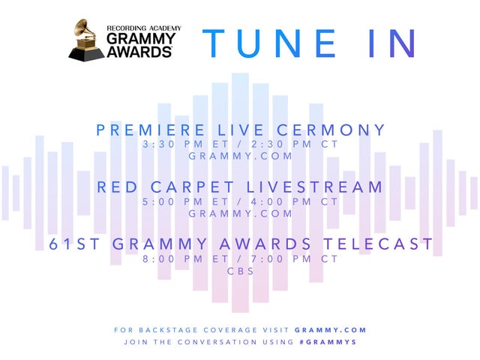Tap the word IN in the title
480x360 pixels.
click(384, 43)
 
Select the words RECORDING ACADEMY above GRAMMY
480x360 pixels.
click(143, 26)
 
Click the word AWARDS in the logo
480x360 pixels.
click(139, 52)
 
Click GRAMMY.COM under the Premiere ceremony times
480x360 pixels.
click(240, 156)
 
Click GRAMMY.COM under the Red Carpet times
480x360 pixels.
click(240, 213)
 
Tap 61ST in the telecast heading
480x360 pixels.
click(73, 244)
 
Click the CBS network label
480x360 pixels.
click(240, 271)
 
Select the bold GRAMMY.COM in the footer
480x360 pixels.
click(331, 329)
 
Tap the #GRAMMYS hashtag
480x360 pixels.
click(327, 342)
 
